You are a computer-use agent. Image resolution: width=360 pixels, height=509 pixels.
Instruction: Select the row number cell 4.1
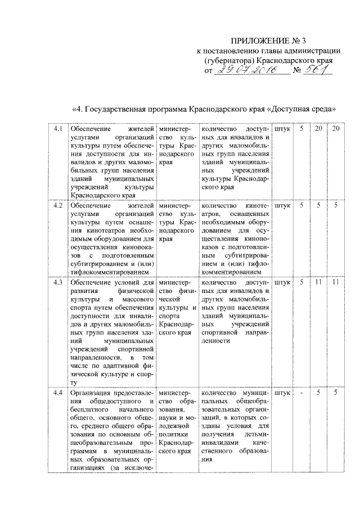click(x=57, y=130)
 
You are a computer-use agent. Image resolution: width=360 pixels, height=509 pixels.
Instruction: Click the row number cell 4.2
click(x=57, y=206)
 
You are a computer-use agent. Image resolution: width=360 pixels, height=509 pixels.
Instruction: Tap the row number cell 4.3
click(x=57, y=282)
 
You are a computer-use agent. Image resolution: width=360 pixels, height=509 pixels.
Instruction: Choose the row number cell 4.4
click(x=57, y=393)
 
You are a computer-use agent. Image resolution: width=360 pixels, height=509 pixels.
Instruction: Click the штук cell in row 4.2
click(x=282, y=206)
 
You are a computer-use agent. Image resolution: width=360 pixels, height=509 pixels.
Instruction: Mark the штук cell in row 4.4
click(x=282, y=393)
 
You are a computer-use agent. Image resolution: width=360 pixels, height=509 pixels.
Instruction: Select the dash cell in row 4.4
click(x=301, y=393)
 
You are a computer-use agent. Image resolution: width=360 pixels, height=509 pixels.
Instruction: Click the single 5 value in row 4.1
click(x=301, y=130)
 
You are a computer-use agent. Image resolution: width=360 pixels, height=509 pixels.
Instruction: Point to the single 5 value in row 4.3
click(x=301, y=282)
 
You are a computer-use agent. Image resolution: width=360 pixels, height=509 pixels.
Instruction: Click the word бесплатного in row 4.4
click(x=88, y=410)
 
